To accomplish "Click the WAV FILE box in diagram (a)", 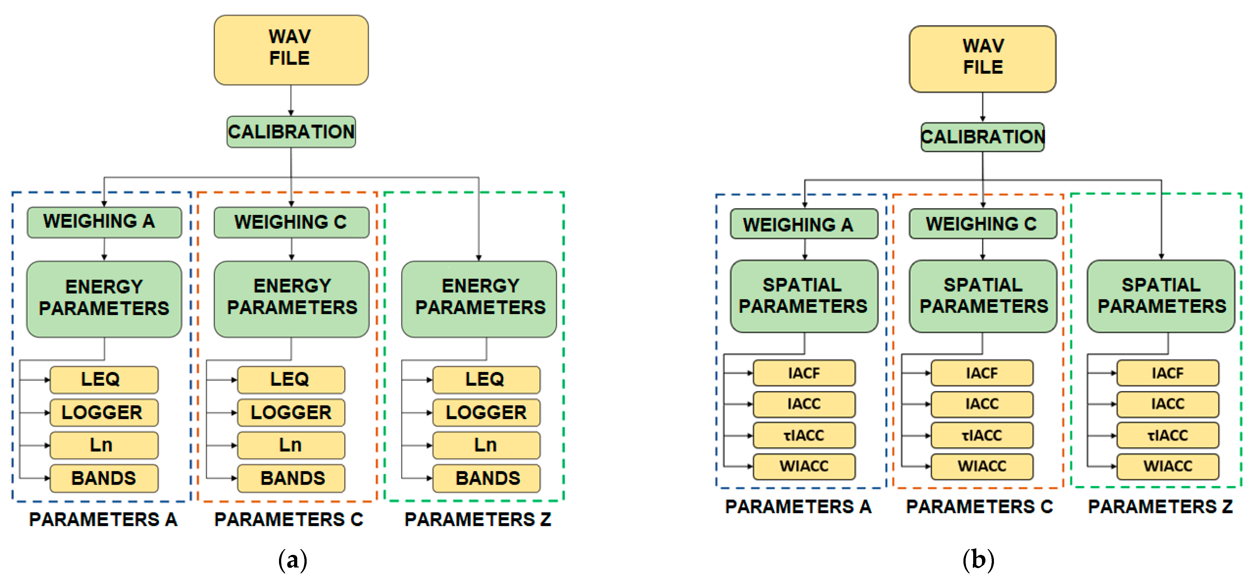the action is click(291, 50).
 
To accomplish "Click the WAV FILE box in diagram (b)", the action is click(982, 59).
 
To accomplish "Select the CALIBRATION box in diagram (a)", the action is click(291, 132).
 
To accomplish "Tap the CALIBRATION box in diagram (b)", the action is click(982, 137).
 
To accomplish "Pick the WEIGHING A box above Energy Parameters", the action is click(104, 222).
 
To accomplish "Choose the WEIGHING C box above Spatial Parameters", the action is click(983, 224).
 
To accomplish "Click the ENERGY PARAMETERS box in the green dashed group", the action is click(479, 299).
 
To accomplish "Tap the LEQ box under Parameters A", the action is click(104, 380).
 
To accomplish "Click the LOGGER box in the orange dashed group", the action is click(291, 412).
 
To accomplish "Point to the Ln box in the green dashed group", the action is click(486, 445).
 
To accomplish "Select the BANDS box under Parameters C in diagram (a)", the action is click(291, 478).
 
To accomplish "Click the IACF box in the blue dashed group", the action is click(804, 373).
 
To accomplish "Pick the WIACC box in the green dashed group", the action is click(1168, 466).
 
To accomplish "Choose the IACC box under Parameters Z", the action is click(1168, 404).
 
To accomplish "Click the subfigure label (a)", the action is click(292, 560).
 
